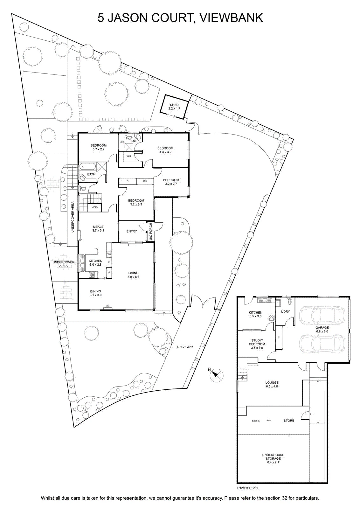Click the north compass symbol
click(217, 375)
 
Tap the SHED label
click(174, 105)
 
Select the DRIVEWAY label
click(185, 347)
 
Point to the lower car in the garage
click(322, 344)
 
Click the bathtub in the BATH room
click(87, 167)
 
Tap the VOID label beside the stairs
click(94, 207)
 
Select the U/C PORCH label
click(151, 232)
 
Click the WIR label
click(129, 156)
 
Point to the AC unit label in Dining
click(108, 306)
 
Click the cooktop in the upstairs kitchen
click(92, 275)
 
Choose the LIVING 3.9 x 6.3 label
click(133, 275)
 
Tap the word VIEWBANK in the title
click(231, 18)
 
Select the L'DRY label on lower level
click(285, 311)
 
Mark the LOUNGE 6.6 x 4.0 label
click(272, 385)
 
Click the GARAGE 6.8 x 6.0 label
click(322, 330)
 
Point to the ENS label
click(134, 141)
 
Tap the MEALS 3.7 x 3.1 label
click(98, 229)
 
